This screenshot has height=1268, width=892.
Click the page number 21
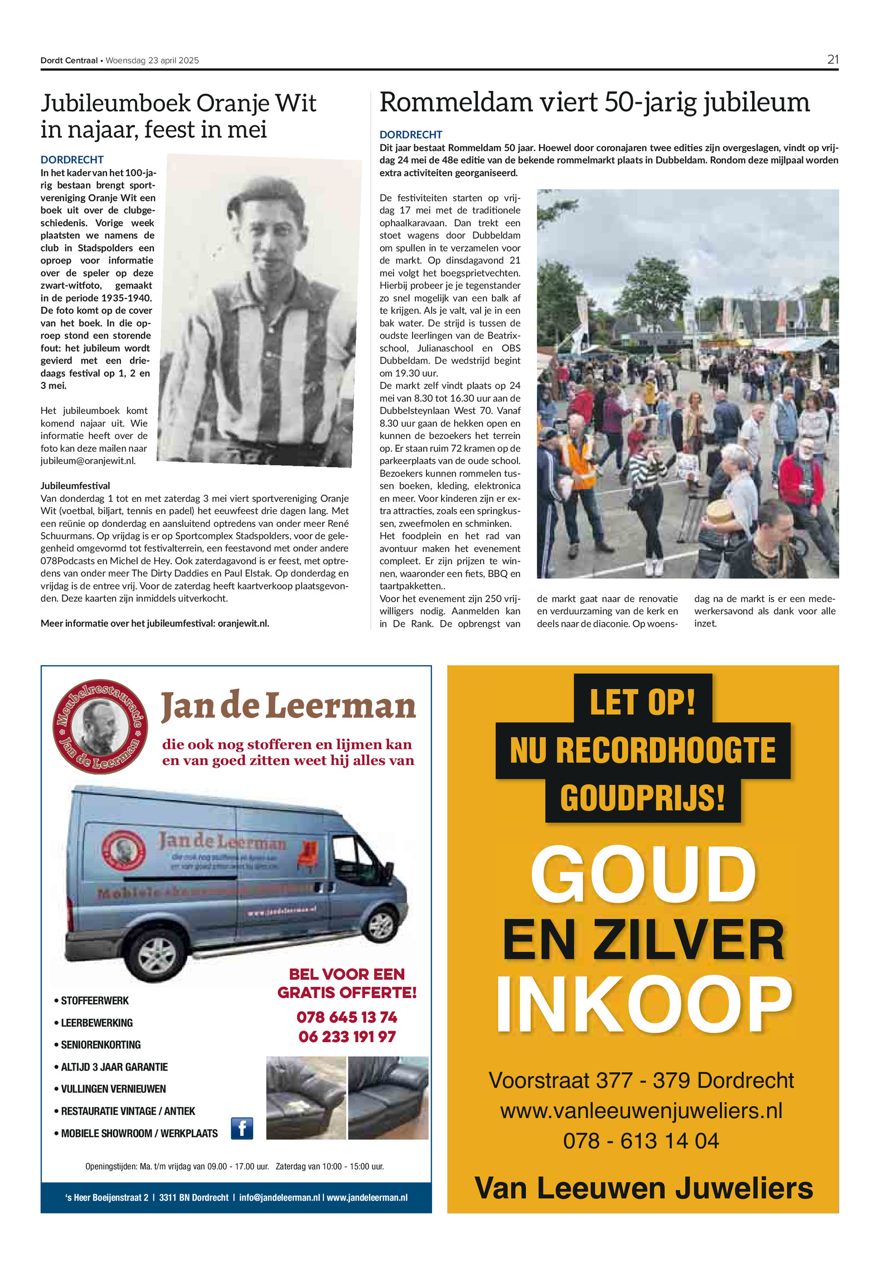tap(832, 60)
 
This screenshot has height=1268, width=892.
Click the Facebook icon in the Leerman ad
tap(242, 1128)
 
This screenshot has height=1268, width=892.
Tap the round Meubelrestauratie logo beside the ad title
tap(100, 726)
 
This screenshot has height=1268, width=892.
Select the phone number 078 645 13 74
tap(347, 1017)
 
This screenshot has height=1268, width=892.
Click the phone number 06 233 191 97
tap(347, 1037)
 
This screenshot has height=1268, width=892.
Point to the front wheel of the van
tap(157, 956)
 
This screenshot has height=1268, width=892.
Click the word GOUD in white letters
tap(643, 876)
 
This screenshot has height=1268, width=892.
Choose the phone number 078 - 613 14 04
tap(641, 1140)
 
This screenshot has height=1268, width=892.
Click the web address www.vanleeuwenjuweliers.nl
tap(641, 1110)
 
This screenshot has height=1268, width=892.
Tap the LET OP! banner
tap(642, 701)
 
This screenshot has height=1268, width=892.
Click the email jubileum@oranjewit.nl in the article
tap(88, 461)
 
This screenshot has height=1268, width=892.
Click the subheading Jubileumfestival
tap(75, 486)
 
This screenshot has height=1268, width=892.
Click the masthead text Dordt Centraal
tap(69, 60)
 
